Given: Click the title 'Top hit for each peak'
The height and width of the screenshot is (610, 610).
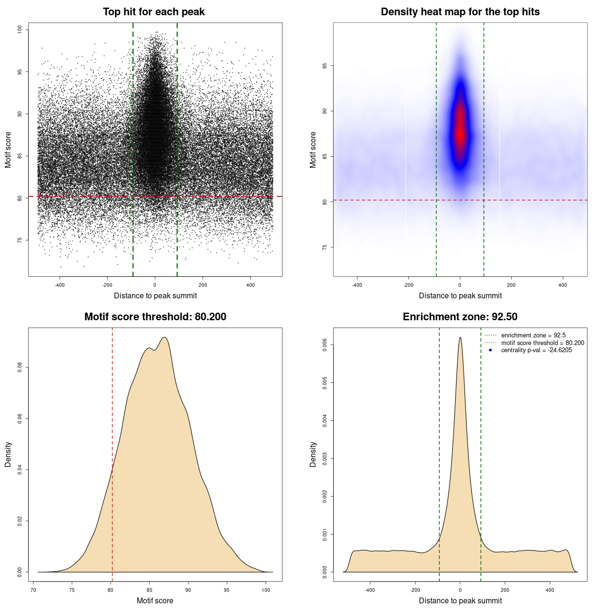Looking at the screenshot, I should point(153,12).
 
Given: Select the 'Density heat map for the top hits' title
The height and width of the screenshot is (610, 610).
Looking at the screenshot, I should point(460,12).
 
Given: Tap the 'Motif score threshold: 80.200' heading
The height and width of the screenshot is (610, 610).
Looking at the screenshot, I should point(155,317).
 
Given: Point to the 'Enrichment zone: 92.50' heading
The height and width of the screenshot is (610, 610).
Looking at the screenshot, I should point(460,317).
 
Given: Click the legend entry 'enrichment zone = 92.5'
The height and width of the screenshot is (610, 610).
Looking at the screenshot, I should point(533,335).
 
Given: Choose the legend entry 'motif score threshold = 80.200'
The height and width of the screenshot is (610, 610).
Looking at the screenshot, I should point(542,343).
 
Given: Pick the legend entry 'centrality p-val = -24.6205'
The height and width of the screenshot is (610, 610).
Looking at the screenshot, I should point(536,350).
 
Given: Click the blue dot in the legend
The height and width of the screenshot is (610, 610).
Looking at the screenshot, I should point(490,350).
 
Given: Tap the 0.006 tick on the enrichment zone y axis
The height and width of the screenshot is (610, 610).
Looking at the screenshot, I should point(325,345).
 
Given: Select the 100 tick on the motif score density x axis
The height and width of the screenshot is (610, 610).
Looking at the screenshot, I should point(266,590).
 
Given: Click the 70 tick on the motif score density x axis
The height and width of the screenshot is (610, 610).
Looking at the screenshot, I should point(33,590).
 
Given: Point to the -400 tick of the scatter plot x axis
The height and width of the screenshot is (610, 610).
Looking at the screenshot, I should point(60,285).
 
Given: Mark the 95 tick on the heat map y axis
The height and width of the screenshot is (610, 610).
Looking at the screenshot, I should point(325,66).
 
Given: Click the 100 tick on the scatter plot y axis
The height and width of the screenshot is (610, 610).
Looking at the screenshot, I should point(20,30).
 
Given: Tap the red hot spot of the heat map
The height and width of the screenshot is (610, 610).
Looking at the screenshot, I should point(460,131).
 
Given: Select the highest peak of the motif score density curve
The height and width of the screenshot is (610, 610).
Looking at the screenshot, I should point(164,337).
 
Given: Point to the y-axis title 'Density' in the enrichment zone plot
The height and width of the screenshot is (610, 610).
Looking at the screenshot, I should point(313,454).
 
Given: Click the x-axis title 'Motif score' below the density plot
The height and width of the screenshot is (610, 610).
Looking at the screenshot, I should point(155,600).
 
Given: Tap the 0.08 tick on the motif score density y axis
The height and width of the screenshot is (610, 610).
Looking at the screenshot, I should point(20,367).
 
